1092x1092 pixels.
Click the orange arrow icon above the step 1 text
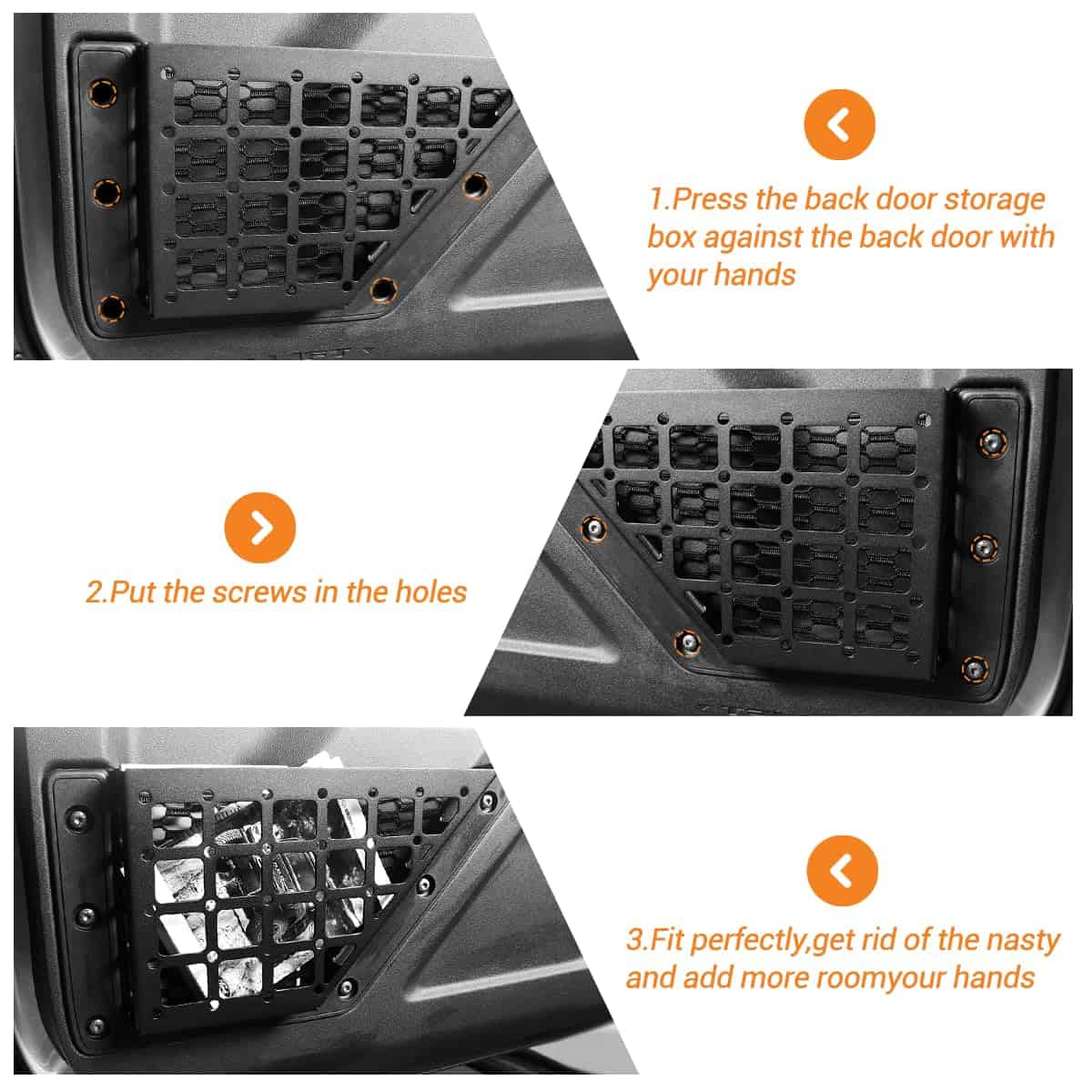[839, 125]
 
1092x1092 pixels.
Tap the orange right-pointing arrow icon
[260, 528]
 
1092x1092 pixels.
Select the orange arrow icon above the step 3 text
[842, 871]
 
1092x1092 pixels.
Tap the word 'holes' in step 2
[431, 592]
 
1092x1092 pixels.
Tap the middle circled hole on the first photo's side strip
[107, 193]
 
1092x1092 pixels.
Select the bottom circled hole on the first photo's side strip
[112, 308]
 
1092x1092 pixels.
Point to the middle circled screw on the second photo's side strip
[984, 548]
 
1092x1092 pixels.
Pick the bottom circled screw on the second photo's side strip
[975, 669]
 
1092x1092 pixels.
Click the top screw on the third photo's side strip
[77, 818]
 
